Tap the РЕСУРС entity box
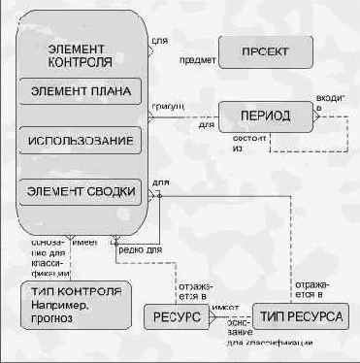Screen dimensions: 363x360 point(176,317)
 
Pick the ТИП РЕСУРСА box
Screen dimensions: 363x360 point(297,317)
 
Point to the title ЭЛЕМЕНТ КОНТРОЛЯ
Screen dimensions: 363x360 point(79,55)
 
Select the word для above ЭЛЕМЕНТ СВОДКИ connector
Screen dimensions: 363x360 point(160,182)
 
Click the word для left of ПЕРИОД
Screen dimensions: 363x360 point(206,124)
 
